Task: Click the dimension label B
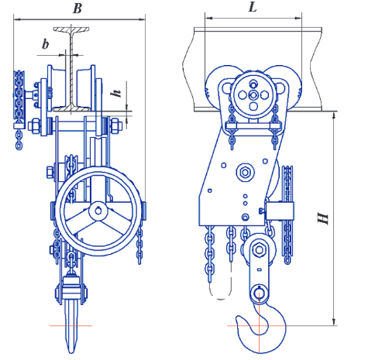77,9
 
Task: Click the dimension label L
253,7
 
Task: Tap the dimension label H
322,218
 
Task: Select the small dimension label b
46,44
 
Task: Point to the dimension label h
116,93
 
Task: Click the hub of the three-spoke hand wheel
98,211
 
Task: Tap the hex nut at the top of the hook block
259,250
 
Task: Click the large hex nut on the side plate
245,172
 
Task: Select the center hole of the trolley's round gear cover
253,95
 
